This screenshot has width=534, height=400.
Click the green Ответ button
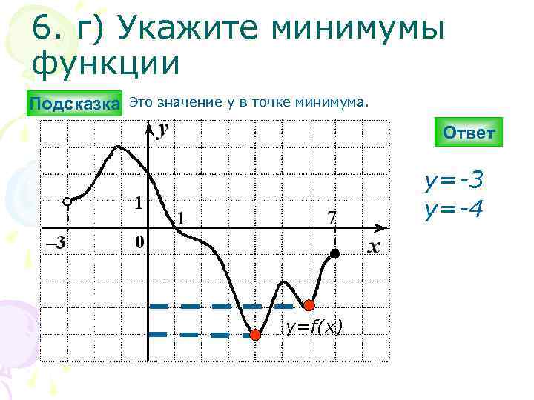[469, 133]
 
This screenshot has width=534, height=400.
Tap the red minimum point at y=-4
[255, 335]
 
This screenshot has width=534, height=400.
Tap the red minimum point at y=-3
[309, 304]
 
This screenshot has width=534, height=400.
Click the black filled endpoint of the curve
[335, 253]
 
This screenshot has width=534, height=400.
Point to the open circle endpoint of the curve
[67, 201]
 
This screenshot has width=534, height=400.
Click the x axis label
[375, 247]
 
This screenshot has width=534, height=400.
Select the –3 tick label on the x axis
[55, 242]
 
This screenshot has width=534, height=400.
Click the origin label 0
[138, 242]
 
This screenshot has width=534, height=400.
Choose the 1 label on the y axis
[139, 201]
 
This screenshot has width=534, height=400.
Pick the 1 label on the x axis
[181, 218]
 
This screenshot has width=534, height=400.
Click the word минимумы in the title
[359, 30]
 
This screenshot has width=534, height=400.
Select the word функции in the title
[105, 63]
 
